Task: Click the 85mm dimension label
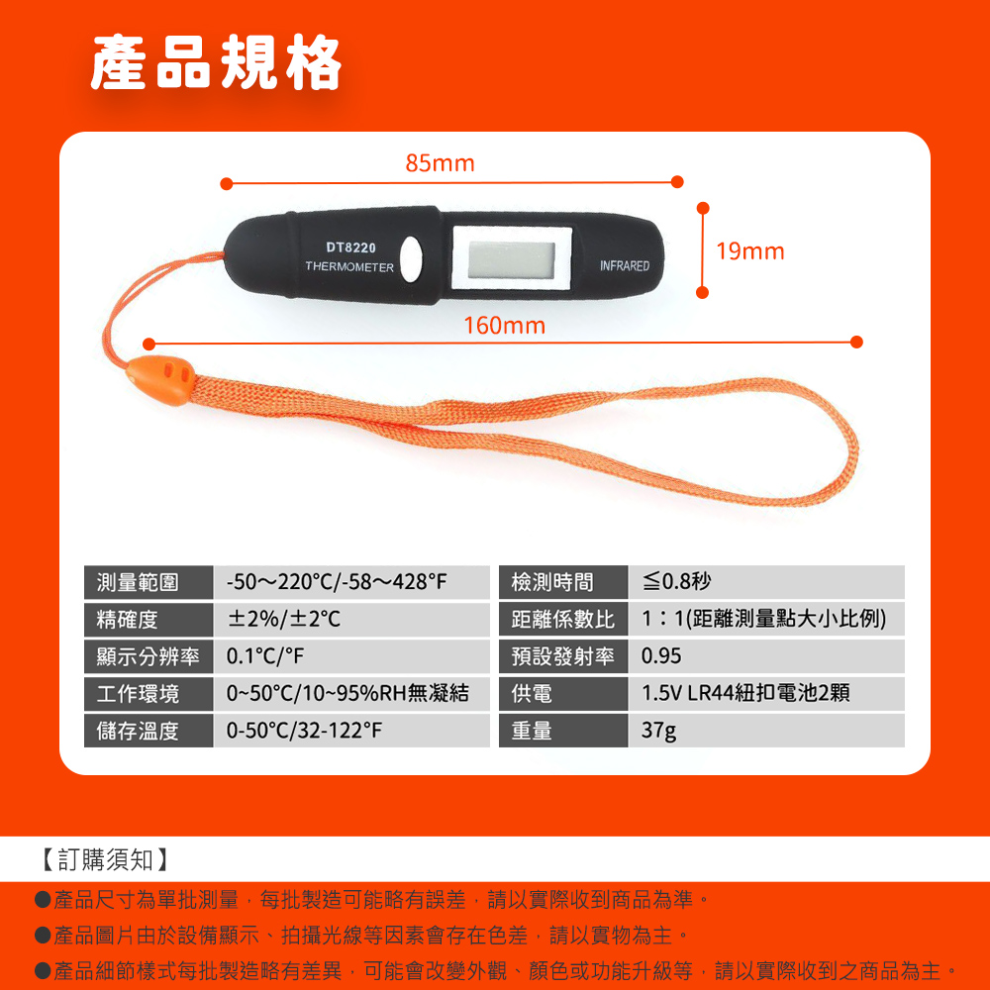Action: point(440,163)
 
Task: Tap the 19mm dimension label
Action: point(750,251)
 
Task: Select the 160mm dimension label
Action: point(505,326)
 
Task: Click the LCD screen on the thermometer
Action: point(512,259)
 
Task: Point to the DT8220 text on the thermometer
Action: point(350,247)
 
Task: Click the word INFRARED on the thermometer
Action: point(625,265)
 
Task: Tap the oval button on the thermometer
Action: point(412,258)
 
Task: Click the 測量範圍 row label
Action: point(138,582)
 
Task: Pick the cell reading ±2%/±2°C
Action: point(284,619)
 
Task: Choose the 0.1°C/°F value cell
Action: point(265,656)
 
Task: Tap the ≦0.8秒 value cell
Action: point(676,581)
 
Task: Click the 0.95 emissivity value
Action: point(661,656)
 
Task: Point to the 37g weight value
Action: point(658,731)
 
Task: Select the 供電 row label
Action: point(532,693)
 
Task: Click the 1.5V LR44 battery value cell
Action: point(745,693)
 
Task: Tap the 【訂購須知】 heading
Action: point(105,859)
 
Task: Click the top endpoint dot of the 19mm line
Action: point(703,208)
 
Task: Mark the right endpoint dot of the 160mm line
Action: point(856,343)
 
